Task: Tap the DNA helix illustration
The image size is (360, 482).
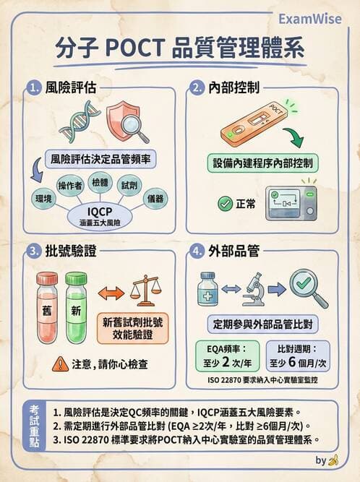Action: (x=80, y=120)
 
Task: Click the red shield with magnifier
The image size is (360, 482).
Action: (x=127, y=120)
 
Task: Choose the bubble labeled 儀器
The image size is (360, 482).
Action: (x=155, y=197)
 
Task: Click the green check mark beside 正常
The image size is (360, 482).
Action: (x=225, y=204)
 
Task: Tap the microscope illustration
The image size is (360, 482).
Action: (x=252, y=289)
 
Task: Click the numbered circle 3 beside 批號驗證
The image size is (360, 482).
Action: (x=33, y=251)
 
